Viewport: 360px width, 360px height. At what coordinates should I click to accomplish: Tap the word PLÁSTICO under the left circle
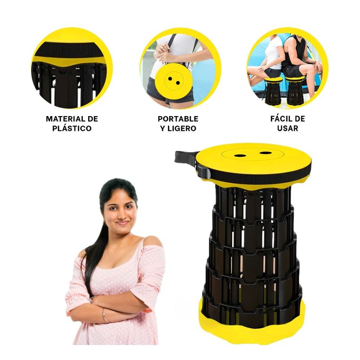(72, 129)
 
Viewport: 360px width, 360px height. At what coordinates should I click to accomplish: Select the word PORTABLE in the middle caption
(178, 119)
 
